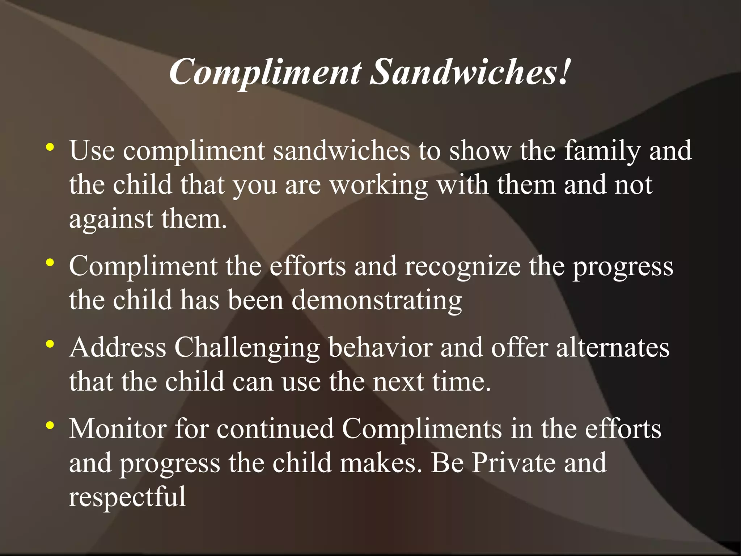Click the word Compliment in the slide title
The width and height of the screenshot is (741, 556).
[x=265, y=72]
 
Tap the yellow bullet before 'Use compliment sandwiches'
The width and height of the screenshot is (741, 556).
[x=50, y=148]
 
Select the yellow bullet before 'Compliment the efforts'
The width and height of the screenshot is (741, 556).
[x=50, y=263]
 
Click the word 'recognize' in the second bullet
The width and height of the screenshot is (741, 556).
[x=463, y=266]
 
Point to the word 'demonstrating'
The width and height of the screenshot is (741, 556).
[x=377, y=301]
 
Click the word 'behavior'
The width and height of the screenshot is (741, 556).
[x=380, y=347]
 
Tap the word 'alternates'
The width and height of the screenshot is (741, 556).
[x=613, y=347]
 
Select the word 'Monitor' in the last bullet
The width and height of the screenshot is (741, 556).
[x=118, y=429]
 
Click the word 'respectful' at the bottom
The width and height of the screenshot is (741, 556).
[x=127, y=497]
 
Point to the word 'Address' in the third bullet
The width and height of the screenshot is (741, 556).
[x=118, y=347]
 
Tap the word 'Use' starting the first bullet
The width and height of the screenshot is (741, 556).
[x=92, y=150]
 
